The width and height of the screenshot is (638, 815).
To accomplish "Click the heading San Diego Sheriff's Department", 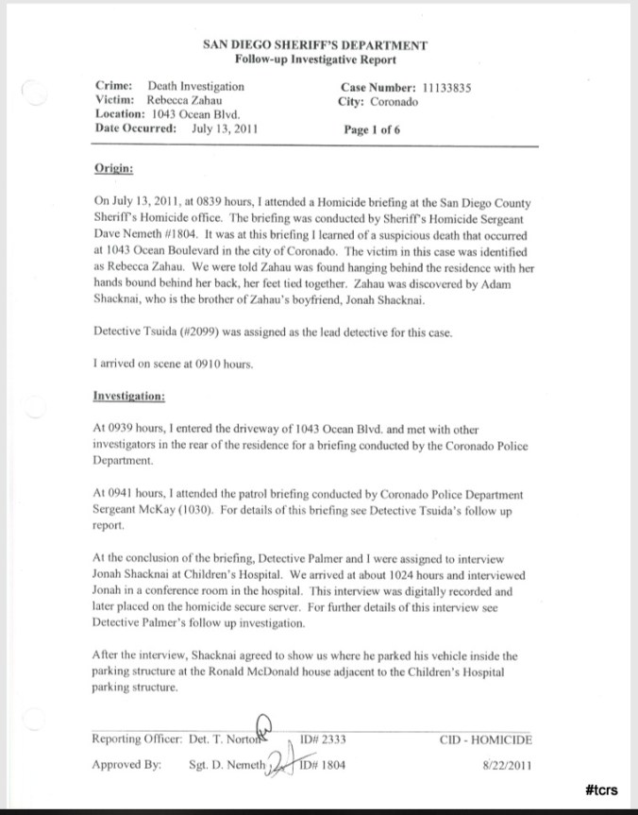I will (315, 45).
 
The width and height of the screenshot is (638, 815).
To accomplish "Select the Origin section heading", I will (113, 168).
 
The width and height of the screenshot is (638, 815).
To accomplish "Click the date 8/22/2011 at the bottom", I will (509, 765).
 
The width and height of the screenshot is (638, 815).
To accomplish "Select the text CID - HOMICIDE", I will (486, 739).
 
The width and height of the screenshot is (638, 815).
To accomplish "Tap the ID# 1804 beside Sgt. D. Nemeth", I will (325, 765).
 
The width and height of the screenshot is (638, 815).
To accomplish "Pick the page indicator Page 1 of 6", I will (373, 130).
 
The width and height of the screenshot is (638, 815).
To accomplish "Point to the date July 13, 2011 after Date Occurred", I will (224, 129).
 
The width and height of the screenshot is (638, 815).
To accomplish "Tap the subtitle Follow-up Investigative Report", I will (315, 59).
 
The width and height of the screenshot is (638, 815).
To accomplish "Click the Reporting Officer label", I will (136, 739).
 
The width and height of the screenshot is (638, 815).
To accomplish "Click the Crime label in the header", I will (112, 87).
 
